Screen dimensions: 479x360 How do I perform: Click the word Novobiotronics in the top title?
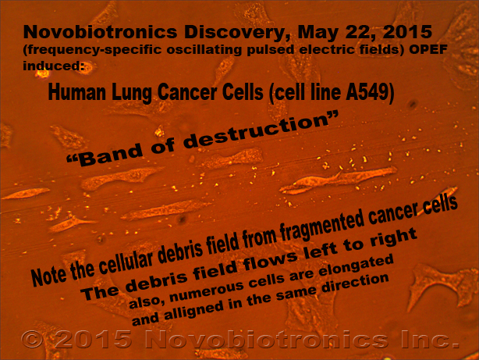tap(100, 32)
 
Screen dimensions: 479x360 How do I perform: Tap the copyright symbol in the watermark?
tap(33, 339)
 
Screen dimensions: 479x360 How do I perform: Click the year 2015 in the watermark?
tap(93, 339)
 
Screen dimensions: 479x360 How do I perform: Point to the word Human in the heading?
tap(77, 92)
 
